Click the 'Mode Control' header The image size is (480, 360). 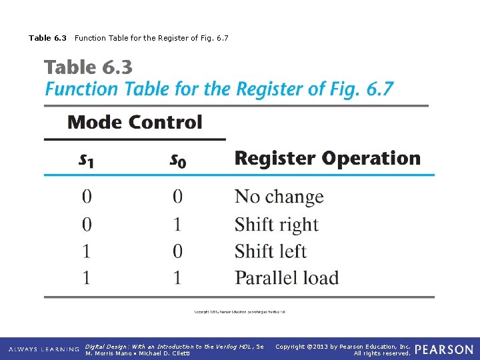click(135, 123)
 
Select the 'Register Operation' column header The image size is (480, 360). click(327, 159)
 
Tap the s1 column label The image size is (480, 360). click(86, 160)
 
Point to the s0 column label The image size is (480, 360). click(177, 160)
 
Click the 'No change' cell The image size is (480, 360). click(279, 197)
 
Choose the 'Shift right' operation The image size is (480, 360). click(276, 225)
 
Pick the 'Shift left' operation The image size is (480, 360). click(270, 251)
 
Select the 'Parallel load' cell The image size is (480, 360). click(287, 278)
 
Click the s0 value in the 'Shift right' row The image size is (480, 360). click(177, 225)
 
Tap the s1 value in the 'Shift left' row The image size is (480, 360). click(87, 251)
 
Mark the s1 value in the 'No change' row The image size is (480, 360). click(87, 197)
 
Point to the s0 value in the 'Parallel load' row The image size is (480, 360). click(177, 278)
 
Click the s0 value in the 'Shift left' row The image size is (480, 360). click(177, 251)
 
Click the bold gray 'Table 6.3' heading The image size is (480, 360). click(88, 67)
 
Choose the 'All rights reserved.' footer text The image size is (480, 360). click(382, 353)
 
